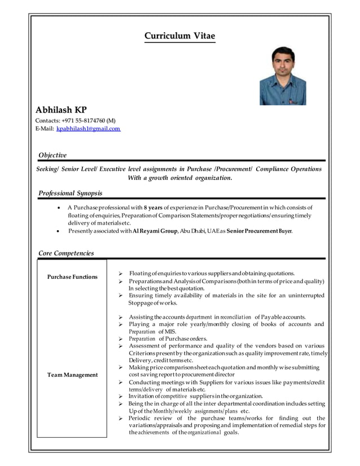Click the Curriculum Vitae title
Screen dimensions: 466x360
179,36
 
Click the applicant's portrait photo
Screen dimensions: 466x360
283,76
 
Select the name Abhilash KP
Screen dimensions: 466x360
61,109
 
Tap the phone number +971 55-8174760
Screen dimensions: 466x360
84,120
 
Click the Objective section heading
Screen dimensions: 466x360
52,155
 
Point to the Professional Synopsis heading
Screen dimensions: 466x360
70,194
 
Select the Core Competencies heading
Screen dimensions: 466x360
65,253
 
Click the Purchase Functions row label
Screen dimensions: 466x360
72,277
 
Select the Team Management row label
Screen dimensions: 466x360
72,375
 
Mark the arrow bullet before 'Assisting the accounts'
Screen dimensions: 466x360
120,317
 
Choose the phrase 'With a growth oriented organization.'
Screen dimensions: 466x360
179,178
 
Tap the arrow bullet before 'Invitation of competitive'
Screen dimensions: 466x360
120,397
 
